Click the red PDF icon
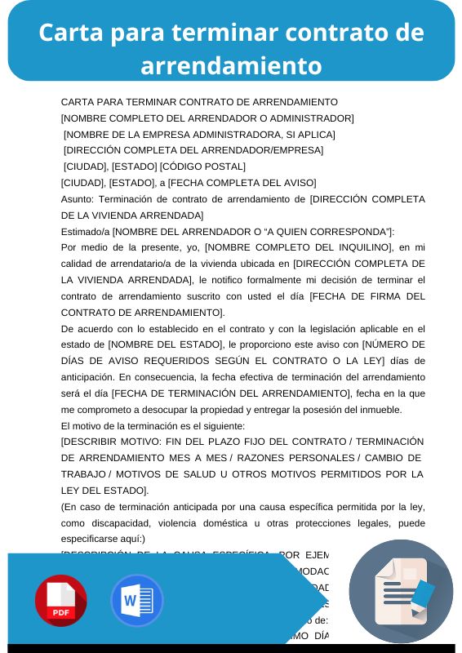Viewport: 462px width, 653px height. tap(60, 601)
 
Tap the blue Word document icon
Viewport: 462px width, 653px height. tap(136, 601)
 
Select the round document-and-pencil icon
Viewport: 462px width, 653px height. tap(402, 591)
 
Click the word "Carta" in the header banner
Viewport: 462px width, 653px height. tap(69, 33)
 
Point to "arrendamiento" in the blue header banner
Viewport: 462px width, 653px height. tap(231, 65)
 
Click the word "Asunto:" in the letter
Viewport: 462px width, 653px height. tap(79, 198)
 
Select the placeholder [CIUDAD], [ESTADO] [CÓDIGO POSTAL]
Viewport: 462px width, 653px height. tap(154, 167)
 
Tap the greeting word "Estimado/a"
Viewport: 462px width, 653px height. tap(85, 231)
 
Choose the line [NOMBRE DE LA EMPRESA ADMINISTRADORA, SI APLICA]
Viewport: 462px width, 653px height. tap(199, 134)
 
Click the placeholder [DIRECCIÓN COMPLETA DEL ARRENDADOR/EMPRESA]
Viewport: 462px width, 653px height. tap(193, 150)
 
